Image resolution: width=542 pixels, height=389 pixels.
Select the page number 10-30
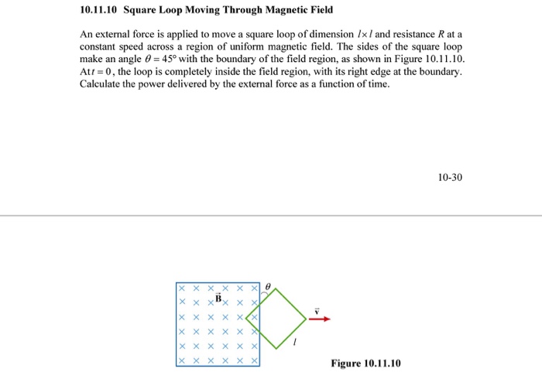tap(450, 177)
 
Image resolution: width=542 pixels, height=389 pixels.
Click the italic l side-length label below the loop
tap(294, 341)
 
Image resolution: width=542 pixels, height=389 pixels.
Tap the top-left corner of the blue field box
tap(177, 283)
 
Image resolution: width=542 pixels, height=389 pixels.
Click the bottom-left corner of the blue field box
tap(177, 365)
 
